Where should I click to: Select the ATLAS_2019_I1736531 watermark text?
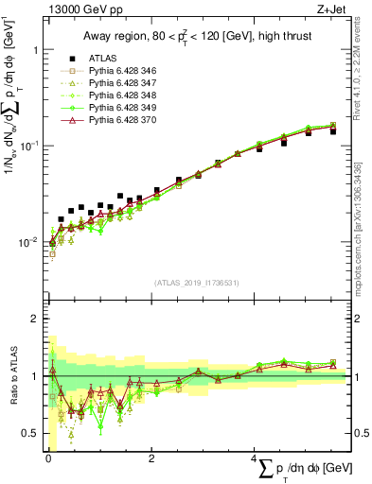click(x=197, y=282)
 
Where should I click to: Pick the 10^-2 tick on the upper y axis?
click(x=28, y=243)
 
